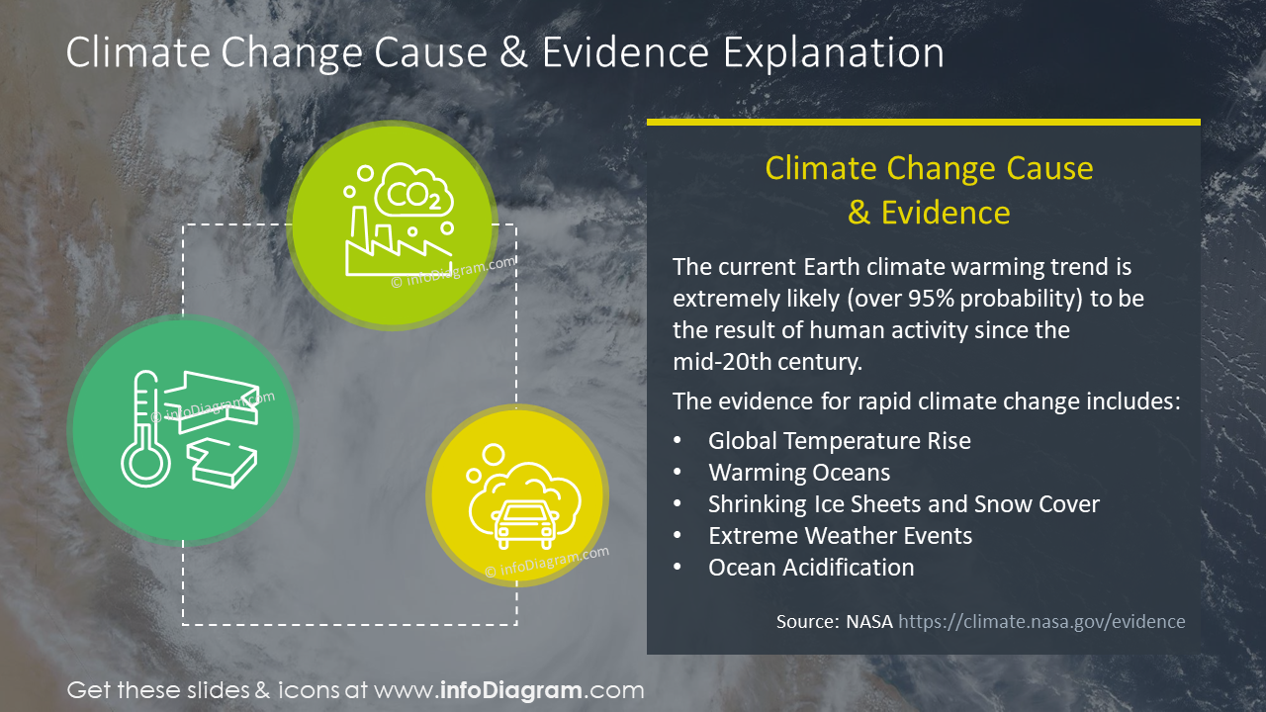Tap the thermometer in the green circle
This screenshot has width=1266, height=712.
pyautogui.click(x=139, y=431)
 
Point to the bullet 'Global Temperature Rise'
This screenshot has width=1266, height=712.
pyautogui.click(x=839, y=441)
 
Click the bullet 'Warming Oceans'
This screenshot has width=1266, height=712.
pyautogui.click(x=798, y=473)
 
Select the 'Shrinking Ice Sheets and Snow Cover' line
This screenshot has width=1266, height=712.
pyautogui.click(x=903, y=504)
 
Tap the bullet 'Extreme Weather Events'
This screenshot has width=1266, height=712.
pyautogui.click(x=840, y=536)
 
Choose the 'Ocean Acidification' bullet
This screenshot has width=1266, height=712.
pyautogui.click(x=810, y=568)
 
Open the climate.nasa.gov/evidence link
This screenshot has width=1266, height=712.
pyautogui.click(x=1041, y=622)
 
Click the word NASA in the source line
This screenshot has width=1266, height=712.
pyautogui.click(x=868, y=622)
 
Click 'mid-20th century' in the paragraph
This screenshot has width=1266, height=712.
pyautogui.click(x=768, y=362)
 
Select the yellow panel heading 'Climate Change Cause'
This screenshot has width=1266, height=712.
pyautogui.click(x=929, y=168)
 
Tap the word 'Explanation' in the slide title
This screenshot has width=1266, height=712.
pyautogui.click(x=833, y=52)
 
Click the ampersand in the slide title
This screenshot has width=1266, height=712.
pyautogui.click(x=513, y=52)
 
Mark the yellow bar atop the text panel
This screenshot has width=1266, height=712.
pyautogui.click(x=923, y=123)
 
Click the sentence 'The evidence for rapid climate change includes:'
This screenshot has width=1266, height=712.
pyautogui.click(x=927, y=401)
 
